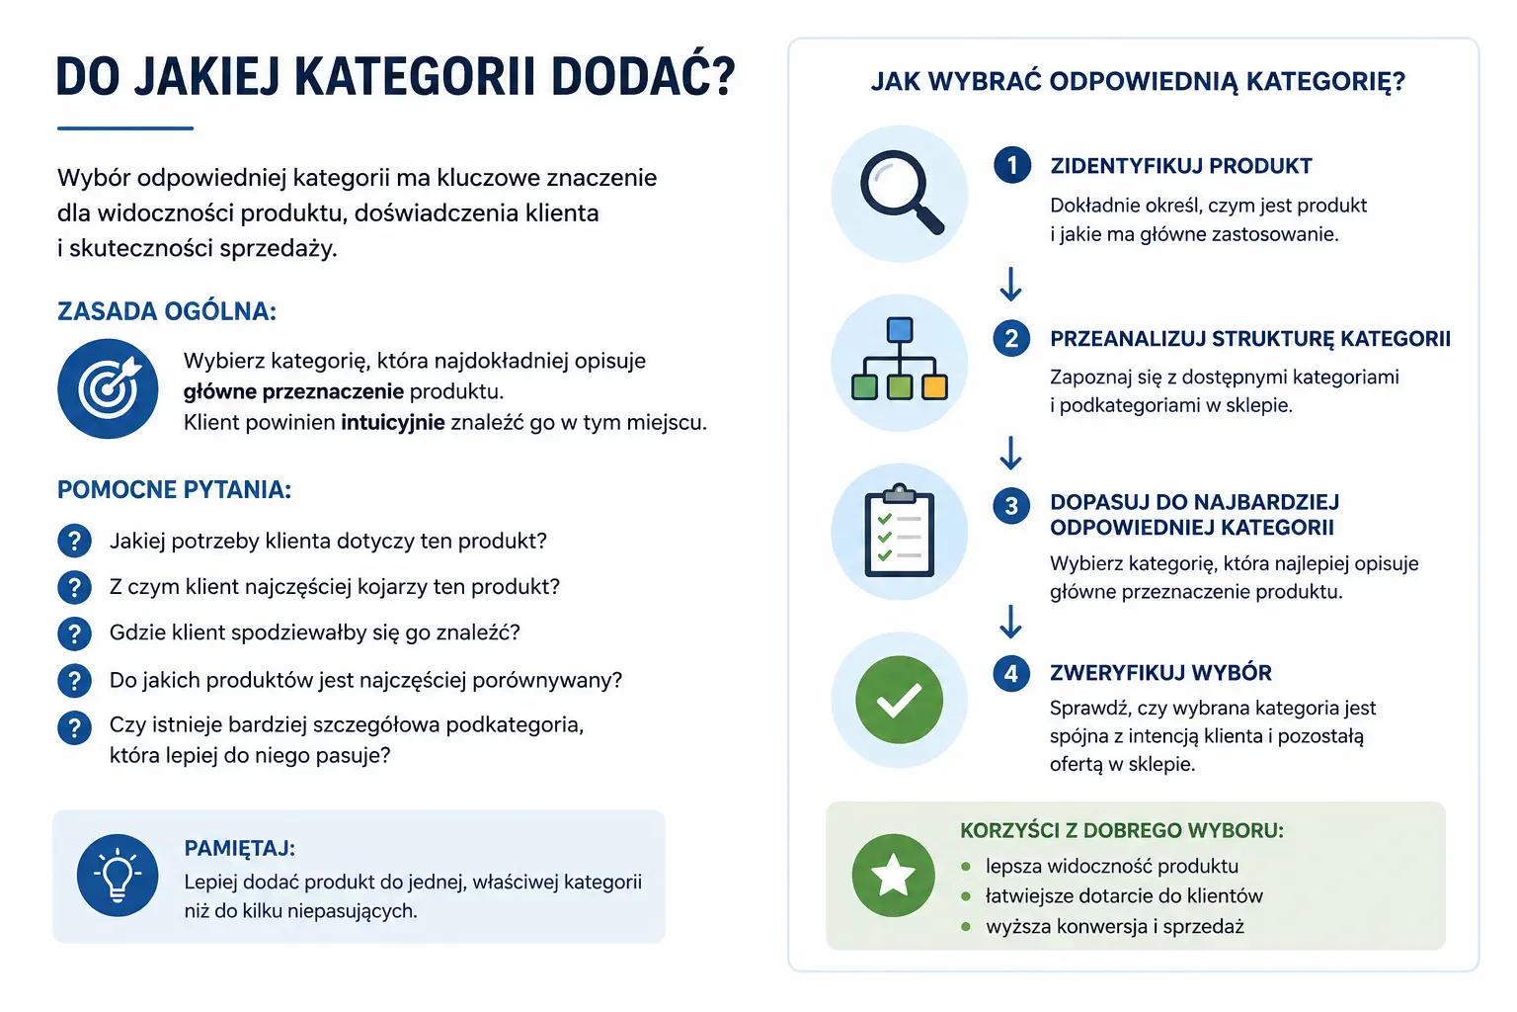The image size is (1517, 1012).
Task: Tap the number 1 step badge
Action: click(x=1011, y=165)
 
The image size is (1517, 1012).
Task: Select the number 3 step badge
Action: click(x=1011, y=506)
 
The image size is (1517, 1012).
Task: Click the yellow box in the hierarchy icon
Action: click(x=934, y=387)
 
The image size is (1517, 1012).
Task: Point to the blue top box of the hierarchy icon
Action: click(x=900, y=330)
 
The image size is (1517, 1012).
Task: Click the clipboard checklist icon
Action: click(x=900, y=530)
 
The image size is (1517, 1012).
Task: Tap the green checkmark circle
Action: click(x=900, y=700)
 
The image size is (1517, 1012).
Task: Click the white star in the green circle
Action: click(x=893, y=875)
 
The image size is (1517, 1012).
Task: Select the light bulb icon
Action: click(x=118, y=875)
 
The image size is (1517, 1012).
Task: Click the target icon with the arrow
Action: click(x=108, y=388)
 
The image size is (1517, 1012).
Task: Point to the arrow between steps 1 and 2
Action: click(x=1010, y=284)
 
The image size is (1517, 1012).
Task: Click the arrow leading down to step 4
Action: click(x=1010, y=622)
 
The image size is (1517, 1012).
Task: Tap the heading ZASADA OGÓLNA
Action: click(x=167, y=311)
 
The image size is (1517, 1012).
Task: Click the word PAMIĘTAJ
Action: click(x=240, y=848)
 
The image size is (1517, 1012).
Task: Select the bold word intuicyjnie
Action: click(x=393, y=422)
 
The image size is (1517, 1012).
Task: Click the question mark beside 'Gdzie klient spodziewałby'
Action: click(x=74, y=633)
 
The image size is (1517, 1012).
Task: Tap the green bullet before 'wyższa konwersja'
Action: click(x=966, y=926)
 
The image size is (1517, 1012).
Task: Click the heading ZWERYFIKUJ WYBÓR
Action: click(x=1160, y=672)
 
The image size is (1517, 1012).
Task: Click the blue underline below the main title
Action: click(x=125, y=127)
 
